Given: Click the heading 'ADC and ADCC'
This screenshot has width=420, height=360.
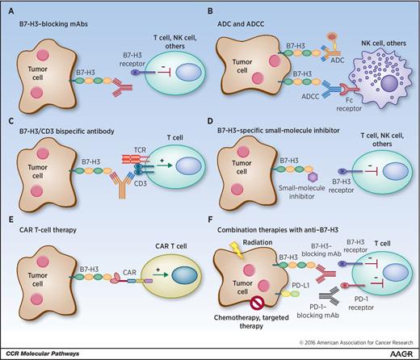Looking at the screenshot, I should pos(246,20).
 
